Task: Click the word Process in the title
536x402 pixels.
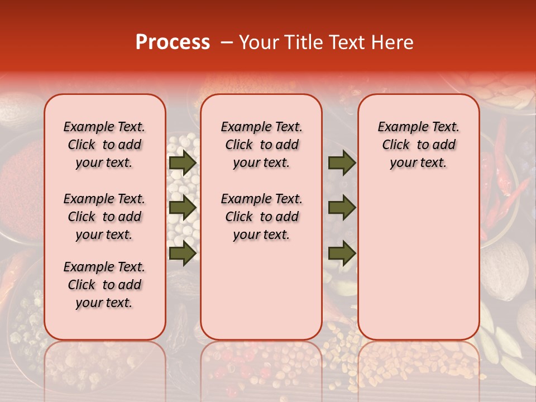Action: coord(173,42)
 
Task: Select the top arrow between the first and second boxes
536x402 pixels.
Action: coord(183,163)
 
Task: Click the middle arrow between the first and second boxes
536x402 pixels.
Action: coord(183,208)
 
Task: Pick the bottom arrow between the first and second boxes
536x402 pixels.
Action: coord(183,253)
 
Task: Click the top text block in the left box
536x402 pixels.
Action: coord(104,145)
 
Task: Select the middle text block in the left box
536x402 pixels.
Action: coord(104,217)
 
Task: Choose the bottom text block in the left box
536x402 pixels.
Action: coord(104,285)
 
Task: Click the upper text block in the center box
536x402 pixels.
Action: coord(262,145)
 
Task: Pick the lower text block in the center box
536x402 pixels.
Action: coord(262,217)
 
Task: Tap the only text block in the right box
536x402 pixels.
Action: coord(419,145)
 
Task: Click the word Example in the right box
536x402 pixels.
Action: coord(401,127)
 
